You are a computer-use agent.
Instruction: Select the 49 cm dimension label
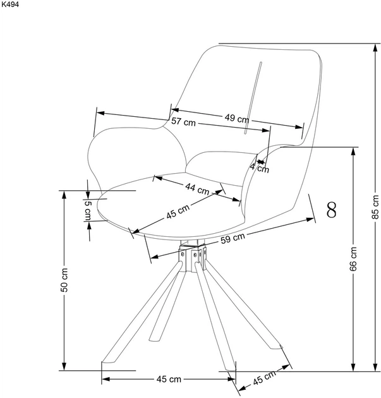(x=236, y=118)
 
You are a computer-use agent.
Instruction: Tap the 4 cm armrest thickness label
(x=260, y=167)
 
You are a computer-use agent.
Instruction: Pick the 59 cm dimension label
(x=233, y=238)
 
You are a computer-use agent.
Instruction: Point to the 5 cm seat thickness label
(x=88, y=210)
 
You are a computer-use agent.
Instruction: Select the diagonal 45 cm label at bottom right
(x=264, y=378)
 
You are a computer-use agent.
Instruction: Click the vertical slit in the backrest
(x=253, y=98)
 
